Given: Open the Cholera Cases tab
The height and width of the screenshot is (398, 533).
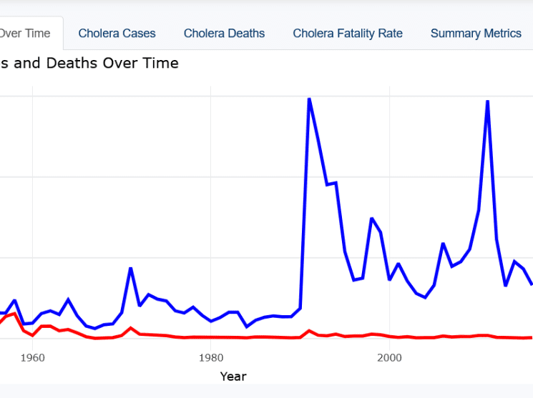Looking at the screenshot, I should pos(117,34).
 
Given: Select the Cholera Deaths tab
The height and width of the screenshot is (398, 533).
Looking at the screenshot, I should pos(224,34).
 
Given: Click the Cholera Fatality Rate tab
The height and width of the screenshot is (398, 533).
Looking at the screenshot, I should pos(348,34).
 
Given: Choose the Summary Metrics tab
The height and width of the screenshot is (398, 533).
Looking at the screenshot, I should pos(476,34).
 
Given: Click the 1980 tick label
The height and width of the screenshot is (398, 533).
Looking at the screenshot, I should pos(210,356).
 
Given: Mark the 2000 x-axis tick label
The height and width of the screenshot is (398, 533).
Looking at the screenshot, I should pos(388,356).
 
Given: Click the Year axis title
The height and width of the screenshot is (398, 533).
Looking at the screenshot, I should pos(233,376).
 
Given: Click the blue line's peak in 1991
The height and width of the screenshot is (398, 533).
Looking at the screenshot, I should pos(309,99).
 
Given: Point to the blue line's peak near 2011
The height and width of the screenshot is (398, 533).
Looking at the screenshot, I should pos(487,101).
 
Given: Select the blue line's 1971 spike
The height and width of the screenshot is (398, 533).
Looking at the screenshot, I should pos(130,268).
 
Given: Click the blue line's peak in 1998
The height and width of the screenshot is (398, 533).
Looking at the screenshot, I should pos(371,219).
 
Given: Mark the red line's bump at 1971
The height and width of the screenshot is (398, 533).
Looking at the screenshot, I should pos(130,328).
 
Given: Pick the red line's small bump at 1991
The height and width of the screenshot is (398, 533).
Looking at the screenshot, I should pos(309,331).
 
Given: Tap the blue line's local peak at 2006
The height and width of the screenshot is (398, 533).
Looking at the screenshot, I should pos(443,244).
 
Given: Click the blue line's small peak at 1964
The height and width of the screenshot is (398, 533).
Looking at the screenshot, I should pos(68,299).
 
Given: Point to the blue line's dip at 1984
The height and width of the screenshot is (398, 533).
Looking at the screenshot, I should pos(246,327).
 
